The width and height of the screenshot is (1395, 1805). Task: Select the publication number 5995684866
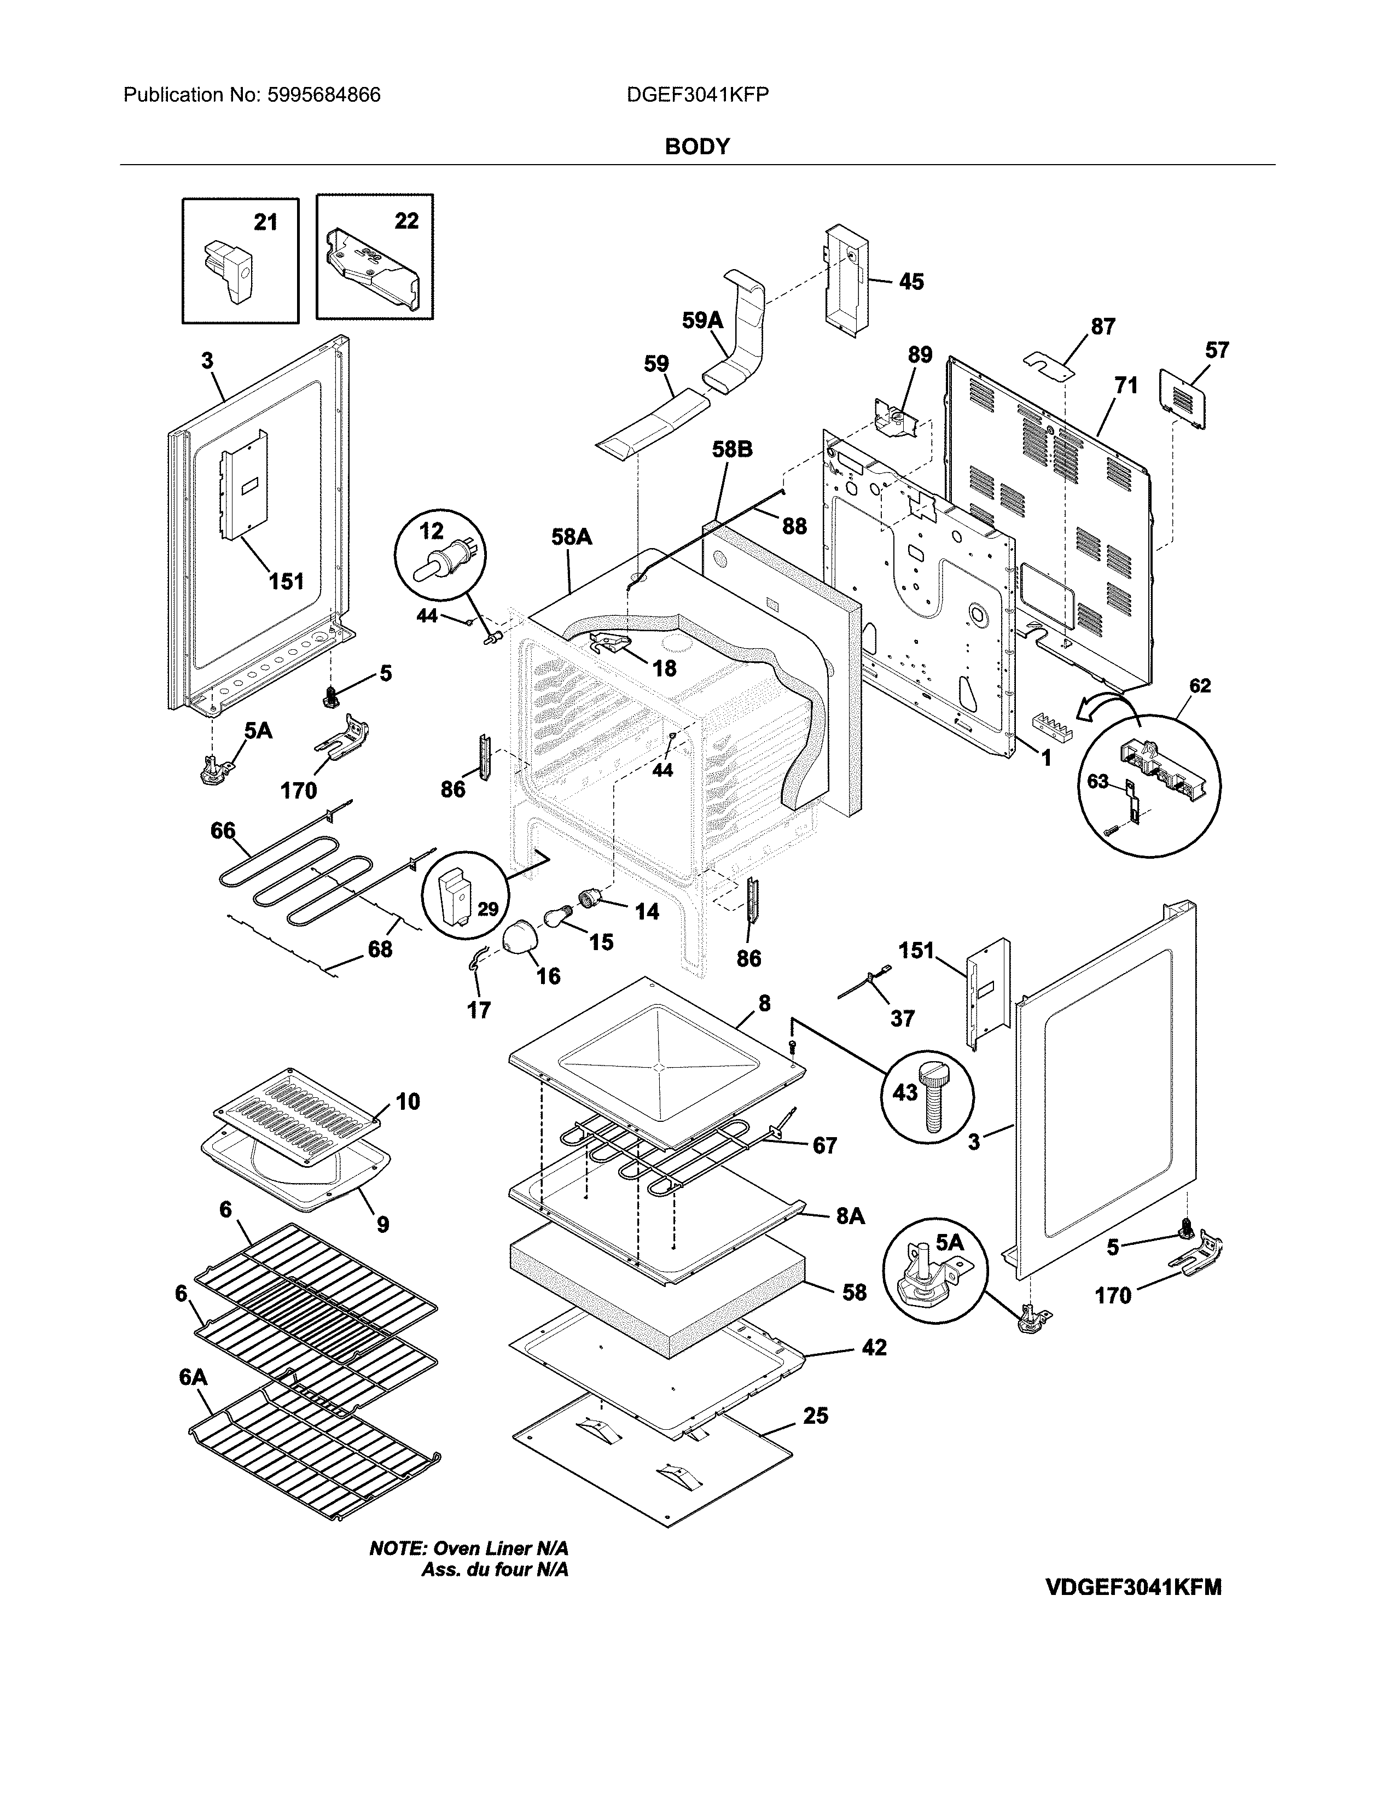[x=323, y=95]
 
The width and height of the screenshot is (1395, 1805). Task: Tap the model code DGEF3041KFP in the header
[x=698, y=95]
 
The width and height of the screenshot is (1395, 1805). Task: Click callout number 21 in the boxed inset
[x=265, y=222]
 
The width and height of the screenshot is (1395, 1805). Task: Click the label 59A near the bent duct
[x=702, y=320]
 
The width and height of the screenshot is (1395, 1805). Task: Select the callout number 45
[x=911, y=282]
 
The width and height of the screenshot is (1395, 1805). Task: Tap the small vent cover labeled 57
[x=1183, y=400]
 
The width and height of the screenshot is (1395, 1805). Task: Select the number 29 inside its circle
[x=487, y=909]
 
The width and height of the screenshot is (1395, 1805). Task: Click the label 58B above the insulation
[x=732, y=450]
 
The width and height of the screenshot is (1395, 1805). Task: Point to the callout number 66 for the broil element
[x=223, y=831]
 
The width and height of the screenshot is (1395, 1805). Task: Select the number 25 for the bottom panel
[x=815, y=1416]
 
